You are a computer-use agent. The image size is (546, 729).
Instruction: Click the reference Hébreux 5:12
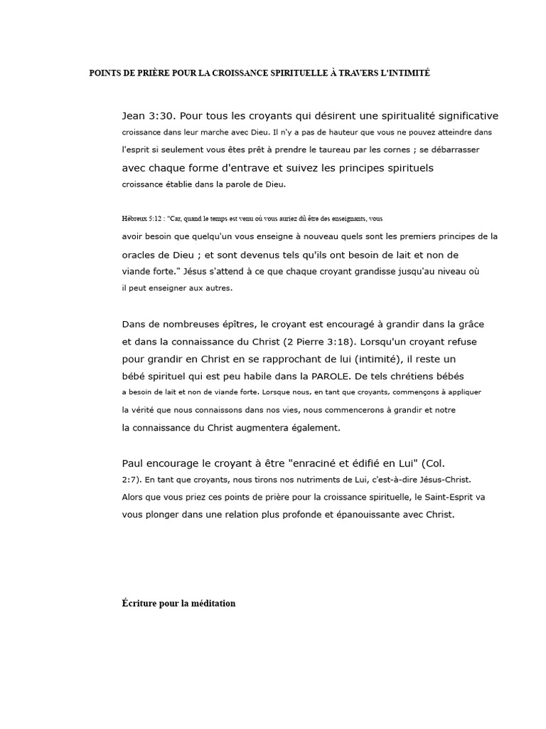pyautogui.click(x=141, y=219)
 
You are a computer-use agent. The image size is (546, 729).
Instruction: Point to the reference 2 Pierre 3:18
pyautogui.click(x=323, y=341)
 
